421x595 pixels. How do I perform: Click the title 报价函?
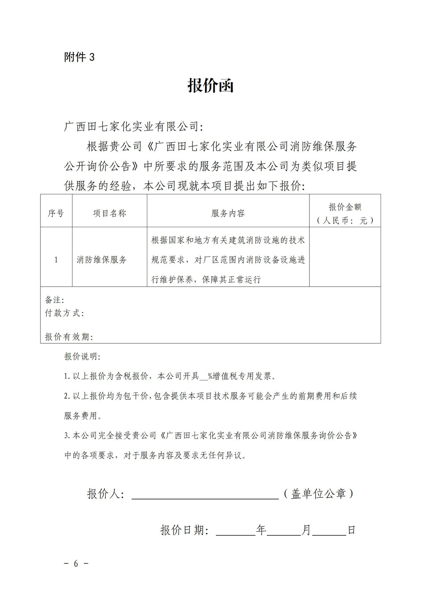click(x=210, y=86)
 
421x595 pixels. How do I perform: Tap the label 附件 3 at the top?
click(x=79, y=57)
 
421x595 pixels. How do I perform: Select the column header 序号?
click(x=56, y=213)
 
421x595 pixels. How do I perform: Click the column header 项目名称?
click(x=109, y=213)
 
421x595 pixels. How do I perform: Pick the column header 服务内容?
click(x=228, y=213)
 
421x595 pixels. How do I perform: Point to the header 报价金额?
click(x=345, y=207)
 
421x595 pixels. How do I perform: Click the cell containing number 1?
click(x=56, y=260)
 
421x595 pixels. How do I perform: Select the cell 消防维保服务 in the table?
click(x=101, y=260)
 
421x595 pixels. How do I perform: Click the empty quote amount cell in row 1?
click(x=345, y=257)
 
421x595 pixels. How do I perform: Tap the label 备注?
click(x=54, y=300)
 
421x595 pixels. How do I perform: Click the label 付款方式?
click(x=64, y=313)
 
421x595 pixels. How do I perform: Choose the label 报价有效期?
click(x=69, y=337)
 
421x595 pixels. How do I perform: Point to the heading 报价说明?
click(x=82, y=357)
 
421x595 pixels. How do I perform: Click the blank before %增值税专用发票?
click(x=203, y=377)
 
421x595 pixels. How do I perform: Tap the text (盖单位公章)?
click(x=318, y=494)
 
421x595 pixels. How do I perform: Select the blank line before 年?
click(x=235, y=530)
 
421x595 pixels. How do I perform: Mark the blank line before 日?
click(x=329, y=530)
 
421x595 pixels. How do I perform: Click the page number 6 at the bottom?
click(x=76, y=564)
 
